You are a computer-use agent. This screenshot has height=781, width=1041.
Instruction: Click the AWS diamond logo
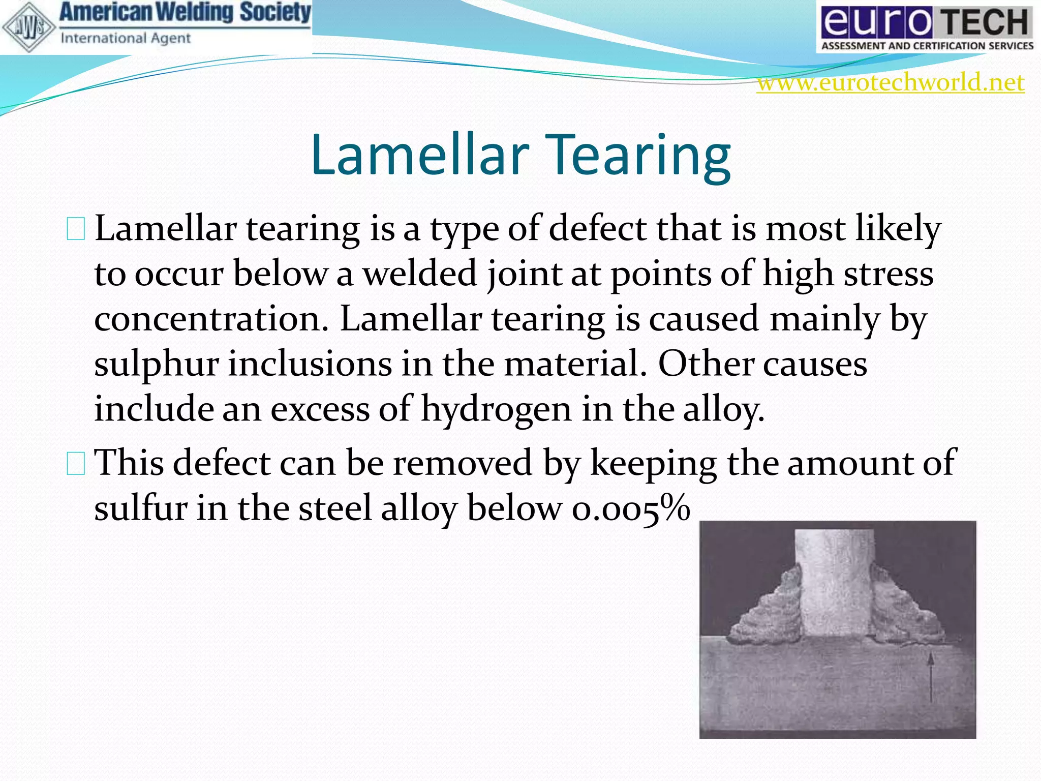pos(28,27)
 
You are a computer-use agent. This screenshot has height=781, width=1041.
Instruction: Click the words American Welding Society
pos(185,13)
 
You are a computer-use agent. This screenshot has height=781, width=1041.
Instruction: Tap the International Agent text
pos(126,38)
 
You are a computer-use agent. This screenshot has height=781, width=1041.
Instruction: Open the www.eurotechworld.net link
pos(891,82)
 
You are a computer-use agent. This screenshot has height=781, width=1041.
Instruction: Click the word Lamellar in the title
pos(420,155)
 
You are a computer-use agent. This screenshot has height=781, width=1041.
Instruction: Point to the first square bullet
pos(76,229)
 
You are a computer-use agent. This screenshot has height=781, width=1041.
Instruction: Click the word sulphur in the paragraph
pos(157,364)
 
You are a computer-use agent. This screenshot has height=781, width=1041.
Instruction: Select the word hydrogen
pos(496,409)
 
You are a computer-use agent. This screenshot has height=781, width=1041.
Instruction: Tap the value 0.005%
pos(630,508)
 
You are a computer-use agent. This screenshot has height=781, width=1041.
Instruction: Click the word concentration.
pos(211,319)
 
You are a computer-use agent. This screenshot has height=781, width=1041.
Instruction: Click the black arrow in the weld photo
pos(931,676)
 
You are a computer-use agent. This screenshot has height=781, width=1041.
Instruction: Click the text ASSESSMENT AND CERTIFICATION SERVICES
pos(927,46)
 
